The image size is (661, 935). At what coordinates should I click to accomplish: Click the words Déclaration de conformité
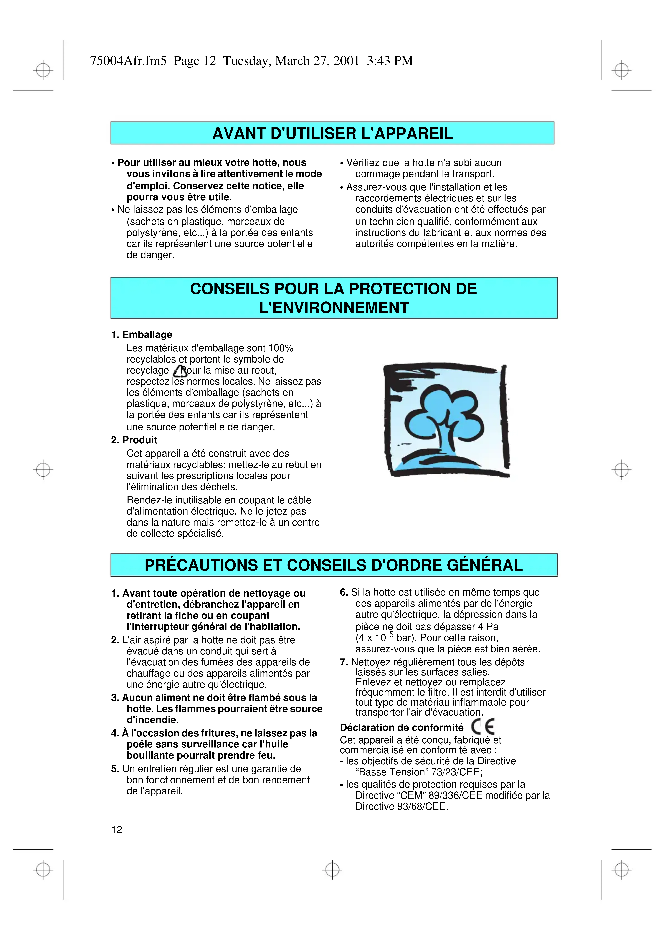(x=401, y=728)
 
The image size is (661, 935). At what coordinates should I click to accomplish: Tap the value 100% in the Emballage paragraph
(x=281, y=348)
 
